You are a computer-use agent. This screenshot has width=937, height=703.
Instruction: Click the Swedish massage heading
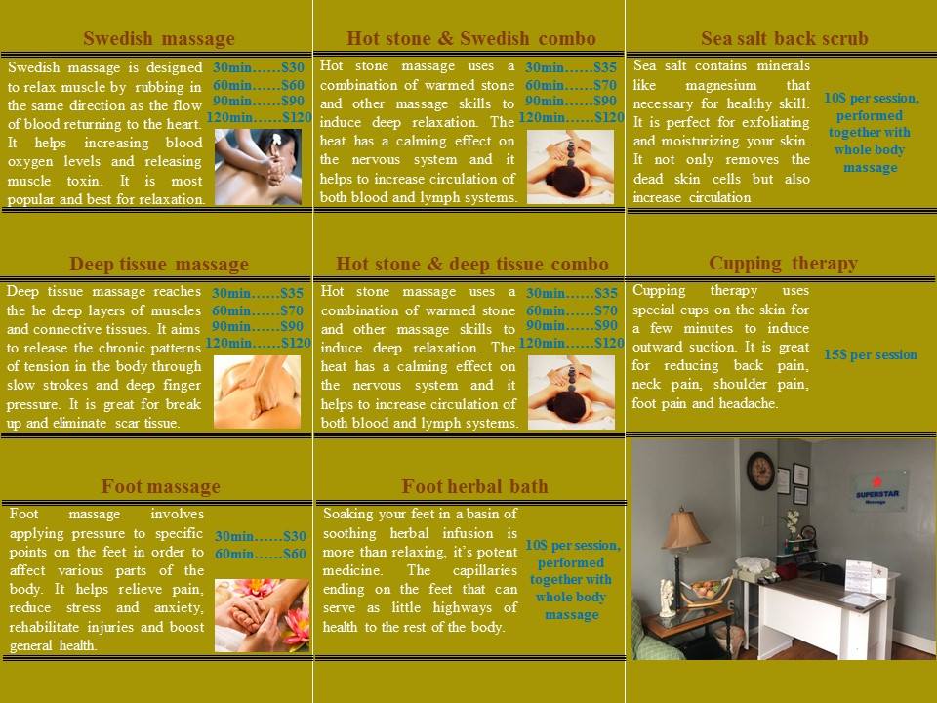click(x=159, y=38)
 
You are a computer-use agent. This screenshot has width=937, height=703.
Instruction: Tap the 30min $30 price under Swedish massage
click(x=259, y=67)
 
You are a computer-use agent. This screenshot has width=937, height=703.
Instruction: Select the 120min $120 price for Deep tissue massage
click(x=258, y=343)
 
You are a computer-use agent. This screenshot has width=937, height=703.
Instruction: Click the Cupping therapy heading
click(x=783, y=263)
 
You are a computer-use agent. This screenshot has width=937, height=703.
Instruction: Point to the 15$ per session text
click(x=870, y=354)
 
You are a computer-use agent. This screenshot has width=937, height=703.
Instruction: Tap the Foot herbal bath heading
click(x=474, y=486)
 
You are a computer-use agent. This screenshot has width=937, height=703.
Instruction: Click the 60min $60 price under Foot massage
click(x=261, y=554)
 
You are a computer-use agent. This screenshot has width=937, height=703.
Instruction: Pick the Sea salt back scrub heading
click(x=784, y=38)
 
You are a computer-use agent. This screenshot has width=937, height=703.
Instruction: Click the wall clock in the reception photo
click(x=760, y=471)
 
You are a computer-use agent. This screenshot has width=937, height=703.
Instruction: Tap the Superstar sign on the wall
click(x=877, y=491)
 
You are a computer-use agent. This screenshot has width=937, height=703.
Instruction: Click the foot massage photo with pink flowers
click(x=262, y=615)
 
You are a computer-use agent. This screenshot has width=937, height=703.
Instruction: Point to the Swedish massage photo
click(x=258, y=167)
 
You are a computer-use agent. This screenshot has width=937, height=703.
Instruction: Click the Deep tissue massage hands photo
click(x=257, y=393)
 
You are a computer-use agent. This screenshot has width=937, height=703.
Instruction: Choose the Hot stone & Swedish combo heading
click(x=470, y=38)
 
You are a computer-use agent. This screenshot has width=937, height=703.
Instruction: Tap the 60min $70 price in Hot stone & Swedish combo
click(x=571, y=85)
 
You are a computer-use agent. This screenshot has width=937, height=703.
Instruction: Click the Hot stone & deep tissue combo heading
click(x=472, y=264)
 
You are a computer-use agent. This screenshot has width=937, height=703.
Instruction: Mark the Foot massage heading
click(x=160, y=486)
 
